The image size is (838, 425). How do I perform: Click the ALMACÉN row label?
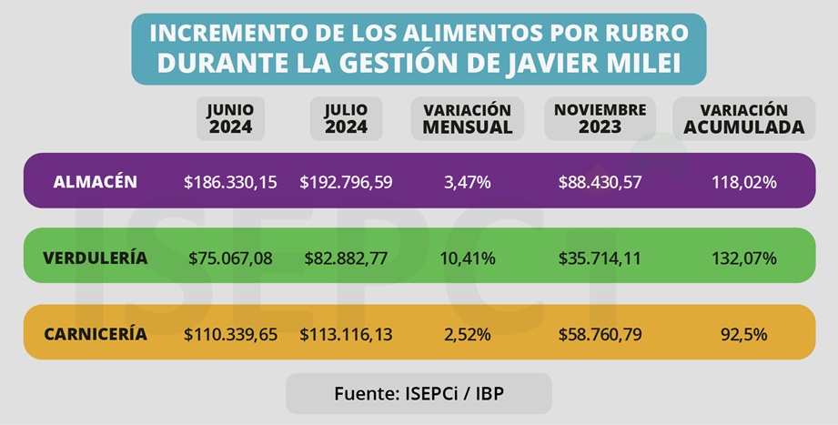(x=96, y=182)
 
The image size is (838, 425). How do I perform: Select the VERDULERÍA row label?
(x=95, y=258)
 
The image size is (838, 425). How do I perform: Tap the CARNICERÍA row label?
(x=96, y=334)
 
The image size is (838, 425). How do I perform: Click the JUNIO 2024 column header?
(x=231, y=118)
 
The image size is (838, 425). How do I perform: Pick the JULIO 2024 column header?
(x=347, y=118)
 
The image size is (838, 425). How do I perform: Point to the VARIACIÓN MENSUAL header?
(x=468, y=118)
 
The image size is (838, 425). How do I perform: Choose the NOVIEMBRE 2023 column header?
(x=600, y=118)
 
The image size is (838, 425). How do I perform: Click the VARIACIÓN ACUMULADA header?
(x=744, y=118)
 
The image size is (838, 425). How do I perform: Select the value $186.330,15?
(x=230, y=182)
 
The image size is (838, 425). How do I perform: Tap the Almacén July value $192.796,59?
(x=347, y=182)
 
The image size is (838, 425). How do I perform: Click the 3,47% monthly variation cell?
(x=468, y=182)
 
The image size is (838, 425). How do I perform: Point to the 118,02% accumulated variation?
(x=744, y=182)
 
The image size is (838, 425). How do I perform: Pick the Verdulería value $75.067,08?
(x=230, y=258)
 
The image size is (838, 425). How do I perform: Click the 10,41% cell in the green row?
(x=468, y=258)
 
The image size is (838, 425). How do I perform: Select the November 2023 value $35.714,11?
(x=600, y=258)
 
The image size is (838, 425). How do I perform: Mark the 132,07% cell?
(x=744, y=258)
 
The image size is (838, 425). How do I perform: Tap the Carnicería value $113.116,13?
(x=347, y=334)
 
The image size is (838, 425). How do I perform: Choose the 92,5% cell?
(x=744, y=334)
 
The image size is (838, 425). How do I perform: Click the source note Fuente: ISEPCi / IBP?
(x=419, y=395)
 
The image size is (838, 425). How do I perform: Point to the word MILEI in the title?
(x=647, y=65)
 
